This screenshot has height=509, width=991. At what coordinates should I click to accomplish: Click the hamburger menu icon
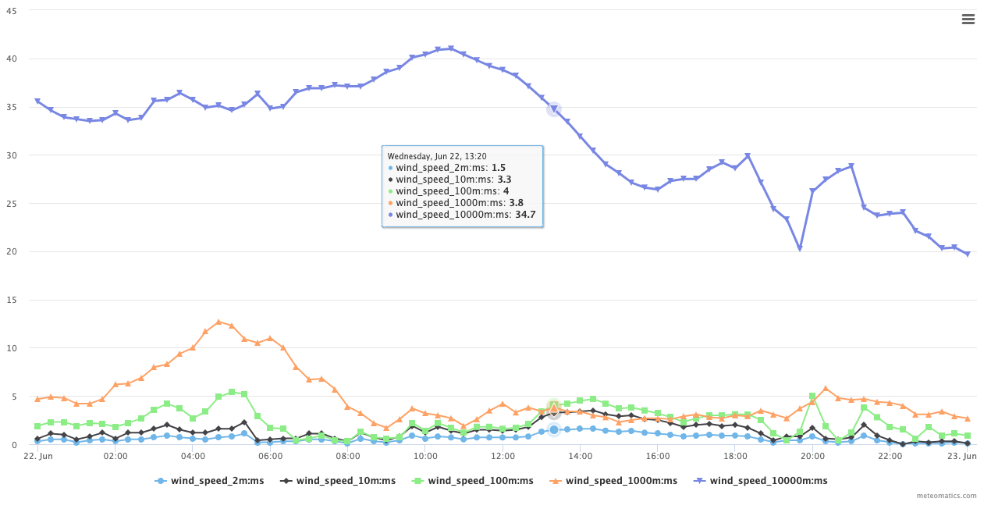[968, 20]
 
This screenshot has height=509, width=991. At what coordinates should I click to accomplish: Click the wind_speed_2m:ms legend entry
[209, 481]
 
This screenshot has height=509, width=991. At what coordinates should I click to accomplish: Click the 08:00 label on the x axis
[348, 456]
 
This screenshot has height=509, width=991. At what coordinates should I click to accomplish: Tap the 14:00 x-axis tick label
[580, 456]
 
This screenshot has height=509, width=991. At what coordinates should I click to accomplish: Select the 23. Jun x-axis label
[965, 456]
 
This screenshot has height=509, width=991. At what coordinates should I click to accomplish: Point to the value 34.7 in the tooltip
[525, 215]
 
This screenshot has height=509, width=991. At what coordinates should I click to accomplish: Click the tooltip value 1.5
[499, 168]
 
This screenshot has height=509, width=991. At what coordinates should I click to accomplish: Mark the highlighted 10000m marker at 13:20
[554, 109]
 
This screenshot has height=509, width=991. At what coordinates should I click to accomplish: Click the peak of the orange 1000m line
[218, 322]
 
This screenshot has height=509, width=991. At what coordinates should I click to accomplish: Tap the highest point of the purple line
[450, 48]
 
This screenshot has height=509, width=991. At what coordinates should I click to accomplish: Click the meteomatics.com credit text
[947, 496]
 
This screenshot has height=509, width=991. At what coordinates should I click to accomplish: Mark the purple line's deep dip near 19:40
[800, 248]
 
